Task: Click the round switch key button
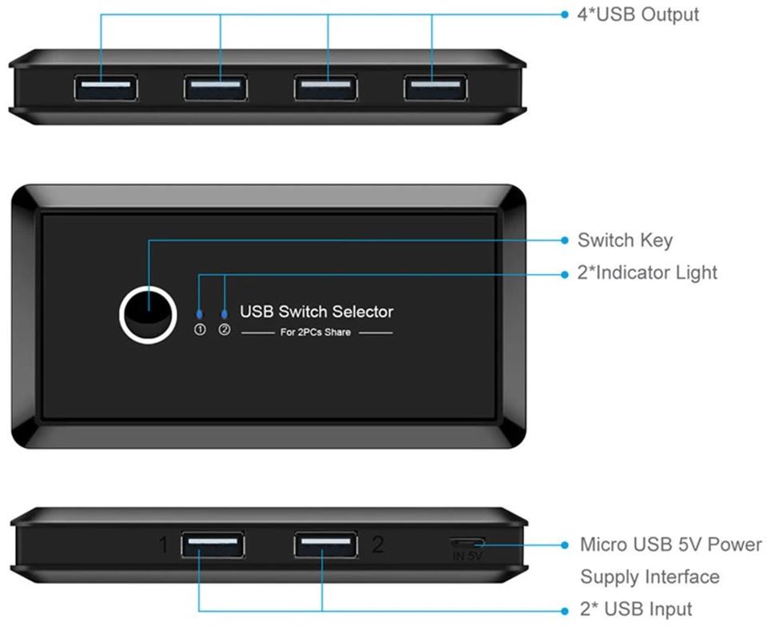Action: click(x=147, y=314)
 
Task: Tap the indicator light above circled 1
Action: click(x=200, y=314)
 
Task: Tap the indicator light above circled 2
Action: click(x=224, y=314)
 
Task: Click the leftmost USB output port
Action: click(x=105, y=87)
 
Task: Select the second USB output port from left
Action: click(x=215, y=87)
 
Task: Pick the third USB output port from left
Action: click(x=325, y=87)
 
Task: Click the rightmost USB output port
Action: click(x=435, y=87)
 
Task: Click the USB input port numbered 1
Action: click(x=213, y=545)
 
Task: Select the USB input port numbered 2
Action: click(x=324, y=545)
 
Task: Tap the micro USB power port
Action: click(x=467, y=544)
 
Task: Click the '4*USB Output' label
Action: click(x=638, y=14)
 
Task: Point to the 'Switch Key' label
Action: click(x=625, y=240)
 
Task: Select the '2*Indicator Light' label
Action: click(x=647, y=273)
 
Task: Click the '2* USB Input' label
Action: click(x=636, y=609)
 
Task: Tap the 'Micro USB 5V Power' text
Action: click(x=670, y=545)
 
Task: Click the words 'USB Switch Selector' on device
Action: click(x=316, y=311)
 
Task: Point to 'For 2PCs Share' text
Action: click(x=316, y=332)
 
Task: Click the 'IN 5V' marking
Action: click(x=467, y=556)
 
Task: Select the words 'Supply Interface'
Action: click(x=650, y=577)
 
